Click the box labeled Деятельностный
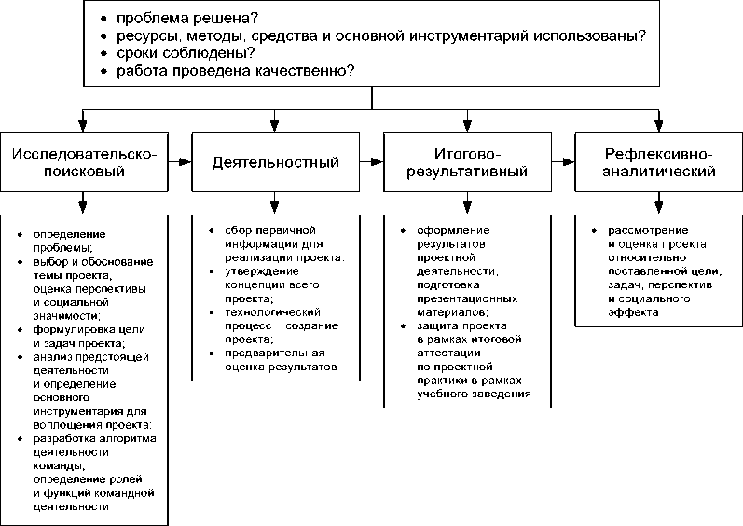click(274, 162)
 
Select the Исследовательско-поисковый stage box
click(84, 162)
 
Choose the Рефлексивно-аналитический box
click(659, 162)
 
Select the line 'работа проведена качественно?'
click(235, 72)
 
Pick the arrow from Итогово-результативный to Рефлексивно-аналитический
click(563, 162)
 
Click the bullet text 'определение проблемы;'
click(69, 239)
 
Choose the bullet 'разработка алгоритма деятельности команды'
click(94, 451)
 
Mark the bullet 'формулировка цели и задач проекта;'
click(88, 336)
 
